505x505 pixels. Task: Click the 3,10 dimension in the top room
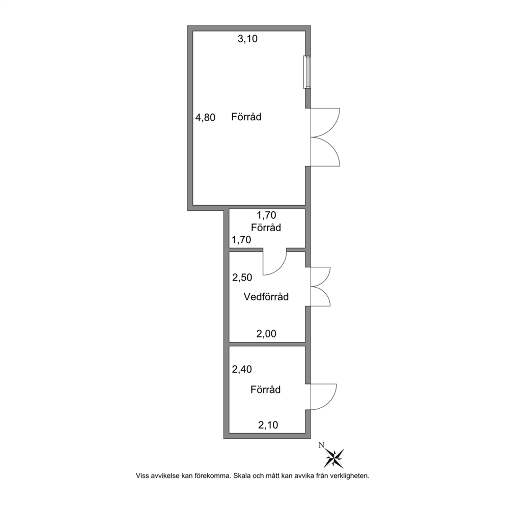click(247, 39)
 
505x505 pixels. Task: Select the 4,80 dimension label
click(205, 118)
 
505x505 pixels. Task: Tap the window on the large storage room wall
click(307, 72)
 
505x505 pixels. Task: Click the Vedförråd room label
click(266, 296)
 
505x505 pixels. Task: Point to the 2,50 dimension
click(242, 277)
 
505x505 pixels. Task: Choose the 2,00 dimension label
click(266, 333)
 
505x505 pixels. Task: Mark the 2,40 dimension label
click(242, 369)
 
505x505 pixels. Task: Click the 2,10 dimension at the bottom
click(268, 425)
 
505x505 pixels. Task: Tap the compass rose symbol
click(334, 458)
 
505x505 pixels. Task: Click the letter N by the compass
click(321, 445)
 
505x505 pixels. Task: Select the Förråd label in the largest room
click(246, 117)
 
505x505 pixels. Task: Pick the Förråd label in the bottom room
click(265, 389)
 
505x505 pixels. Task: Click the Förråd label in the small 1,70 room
click(266, 228)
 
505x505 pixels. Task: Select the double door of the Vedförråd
click(320, 287)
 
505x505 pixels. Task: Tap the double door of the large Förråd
click(325, 137)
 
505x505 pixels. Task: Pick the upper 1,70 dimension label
click(266, 215)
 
